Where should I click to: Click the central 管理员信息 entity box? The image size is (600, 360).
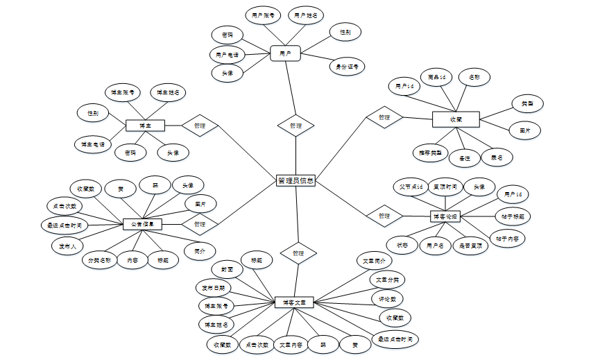pyautogui.click(x=296, y=181)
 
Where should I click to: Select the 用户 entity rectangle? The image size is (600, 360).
pyautogui.click(x=285, y=53)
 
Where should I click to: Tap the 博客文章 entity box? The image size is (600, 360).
pyautogui.click(x=294, y=302)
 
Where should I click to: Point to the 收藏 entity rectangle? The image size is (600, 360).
pyautogui.click(x=456, y=119)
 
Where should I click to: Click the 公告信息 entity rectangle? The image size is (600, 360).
pyautogui.click(x=142, y=224)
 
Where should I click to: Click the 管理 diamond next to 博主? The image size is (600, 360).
pyautogui.click(x=200, y=126)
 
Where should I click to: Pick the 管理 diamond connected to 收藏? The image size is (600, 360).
pyautogui.click(x=384, y=118)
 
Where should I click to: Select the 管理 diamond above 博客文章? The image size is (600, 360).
pyautogui.click(x=298, y=253)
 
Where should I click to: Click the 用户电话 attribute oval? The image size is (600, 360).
pyautogui.click(x=227, y=54)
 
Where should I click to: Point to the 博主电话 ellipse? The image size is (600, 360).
pyautogui.click(x=92, y=144)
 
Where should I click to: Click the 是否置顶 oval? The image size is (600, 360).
pyautogui.click(x=471, y=245)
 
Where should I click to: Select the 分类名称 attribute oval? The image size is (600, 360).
pyautogui.click(x=98, y=260)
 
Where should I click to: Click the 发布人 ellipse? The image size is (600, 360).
pyautogui.click(x=68, y=245)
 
